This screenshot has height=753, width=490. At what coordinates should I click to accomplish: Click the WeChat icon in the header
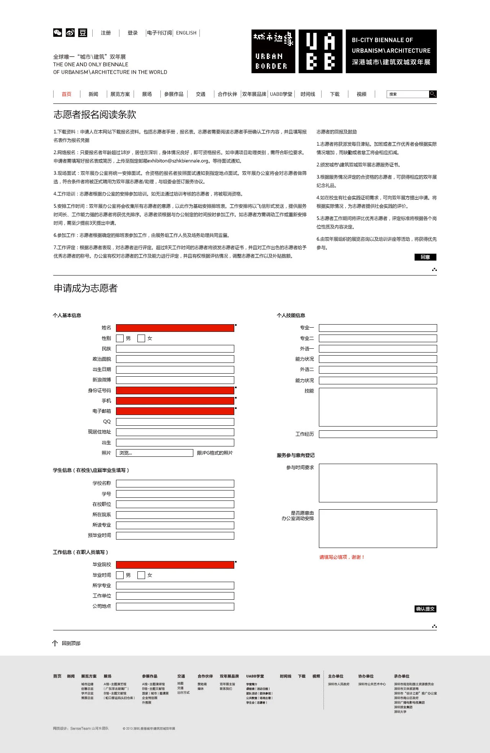point(57,33)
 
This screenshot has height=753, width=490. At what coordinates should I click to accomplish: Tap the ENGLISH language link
point(186,33)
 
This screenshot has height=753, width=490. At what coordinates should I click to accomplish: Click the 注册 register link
point(106,33)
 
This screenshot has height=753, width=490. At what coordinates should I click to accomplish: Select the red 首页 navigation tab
point(67,94)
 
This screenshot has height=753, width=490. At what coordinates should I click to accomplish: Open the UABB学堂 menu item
point(281,94)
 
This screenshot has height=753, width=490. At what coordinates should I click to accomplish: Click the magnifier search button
point(433,94)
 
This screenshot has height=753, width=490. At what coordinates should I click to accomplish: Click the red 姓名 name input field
point(175,328)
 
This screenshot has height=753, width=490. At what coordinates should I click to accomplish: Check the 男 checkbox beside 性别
point(120,338)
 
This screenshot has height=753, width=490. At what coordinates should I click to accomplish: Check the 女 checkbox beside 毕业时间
point(141,575)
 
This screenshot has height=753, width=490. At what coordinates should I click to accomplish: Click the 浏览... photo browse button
point(154,453)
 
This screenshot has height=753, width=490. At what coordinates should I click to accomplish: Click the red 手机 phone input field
point(175,401)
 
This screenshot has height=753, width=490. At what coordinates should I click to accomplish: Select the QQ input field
point(175,422)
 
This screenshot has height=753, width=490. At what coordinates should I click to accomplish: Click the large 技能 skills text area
point(377,407)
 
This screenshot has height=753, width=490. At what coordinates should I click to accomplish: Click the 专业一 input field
point(377,328)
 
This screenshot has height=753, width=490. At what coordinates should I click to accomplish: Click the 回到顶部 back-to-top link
point(71,643)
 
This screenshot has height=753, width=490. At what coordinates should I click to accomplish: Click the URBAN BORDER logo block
point(273,51)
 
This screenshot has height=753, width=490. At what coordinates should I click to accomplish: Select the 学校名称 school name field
point(175,484)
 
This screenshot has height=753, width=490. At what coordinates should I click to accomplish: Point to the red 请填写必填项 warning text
point(342,557)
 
